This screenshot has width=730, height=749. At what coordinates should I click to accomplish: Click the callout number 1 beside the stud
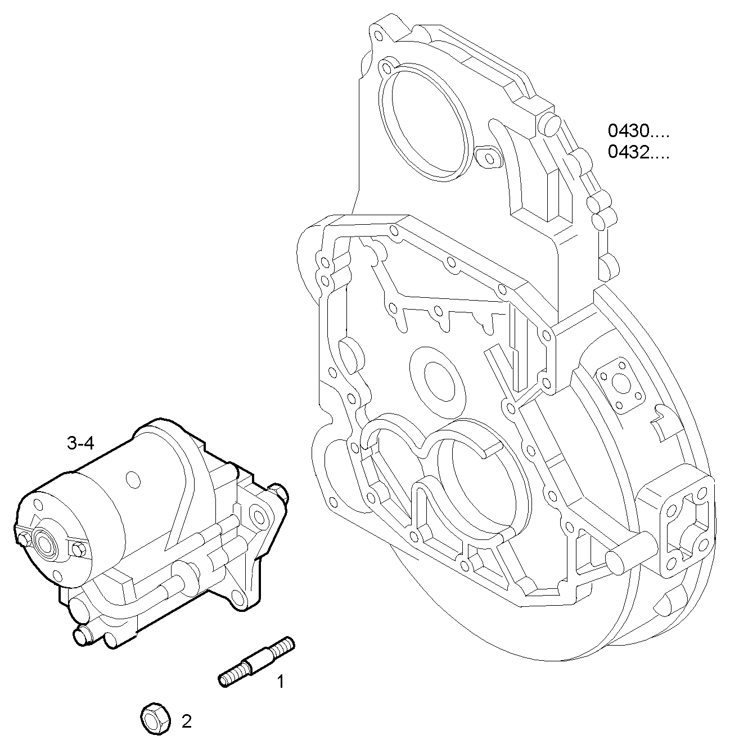280,682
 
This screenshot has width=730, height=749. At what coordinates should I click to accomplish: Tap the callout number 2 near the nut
186,721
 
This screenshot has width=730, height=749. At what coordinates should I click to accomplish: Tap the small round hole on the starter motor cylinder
133,479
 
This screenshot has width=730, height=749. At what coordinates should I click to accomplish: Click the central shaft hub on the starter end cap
43,543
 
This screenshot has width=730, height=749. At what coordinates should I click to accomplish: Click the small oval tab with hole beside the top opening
488,157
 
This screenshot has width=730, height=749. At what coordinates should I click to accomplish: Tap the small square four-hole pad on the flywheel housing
620,384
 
